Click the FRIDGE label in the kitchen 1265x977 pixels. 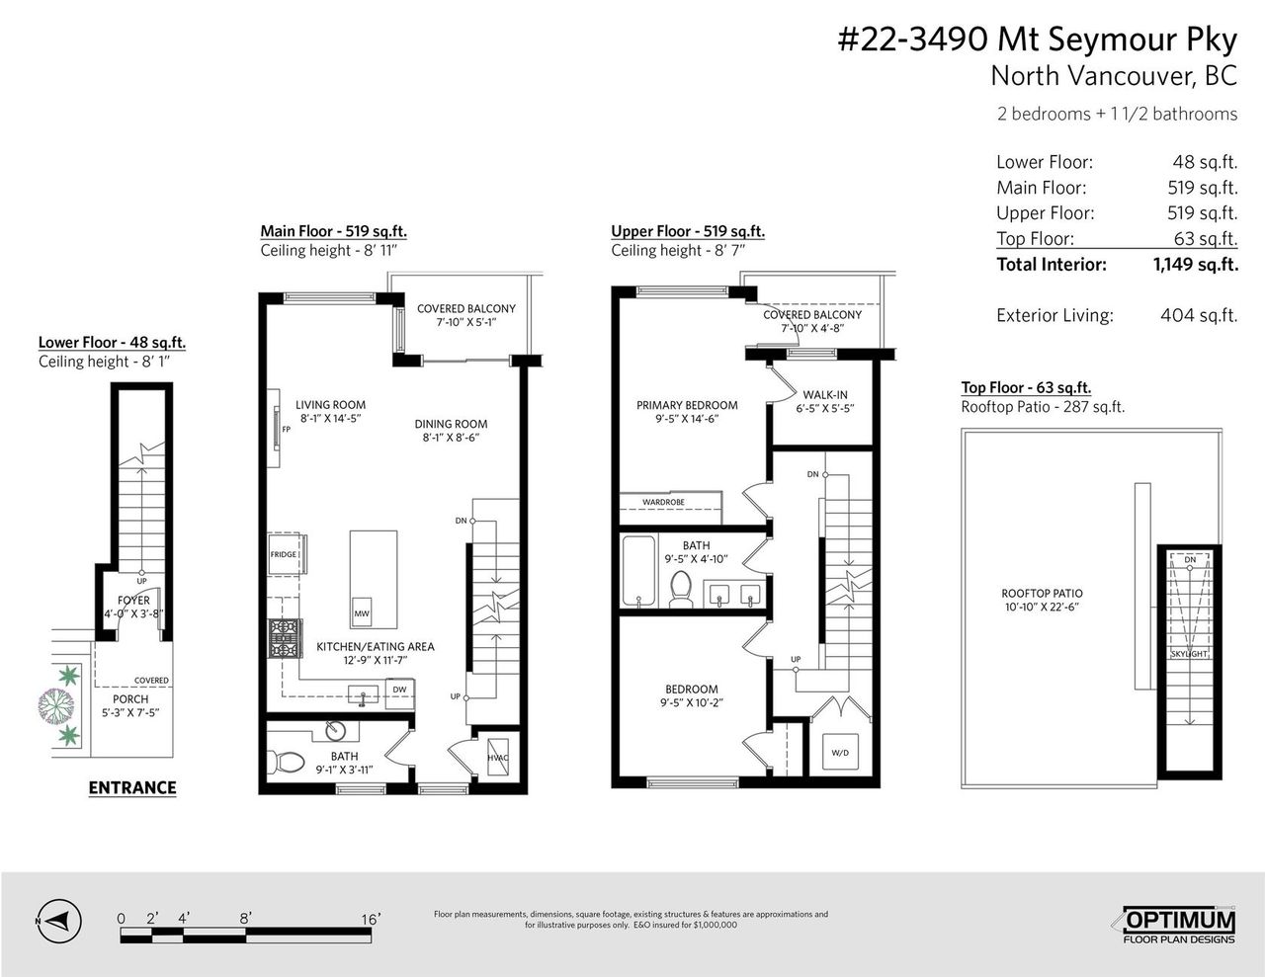coord(284,554)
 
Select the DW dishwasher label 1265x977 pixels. coord(399,690)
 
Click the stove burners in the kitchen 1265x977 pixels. coord(285,638)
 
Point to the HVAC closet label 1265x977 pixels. coord(498,758)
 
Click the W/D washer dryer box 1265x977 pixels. coord(840,753)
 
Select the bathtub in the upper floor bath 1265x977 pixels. coord(639,571)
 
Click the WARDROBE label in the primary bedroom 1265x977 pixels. coord(663,502)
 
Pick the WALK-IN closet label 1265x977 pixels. coord(825,395)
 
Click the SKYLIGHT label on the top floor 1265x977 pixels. coord(1189,654)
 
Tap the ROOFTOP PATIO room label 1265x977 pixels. coord(1042,594)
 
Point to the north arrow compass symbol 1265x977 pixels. coord(59,921)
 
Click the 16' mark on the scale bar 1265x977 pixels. coord(371,919)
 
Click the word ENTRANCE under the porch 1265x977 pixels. coord(132,788)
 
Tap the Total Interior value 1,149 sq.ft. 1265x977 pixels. coord(1195,265)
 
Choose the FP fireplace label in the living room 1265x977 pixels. coord(286,430)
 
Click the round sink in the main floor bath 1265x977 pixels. coord(335,731)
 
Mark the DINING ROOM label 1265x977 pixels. coord(451,424)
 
